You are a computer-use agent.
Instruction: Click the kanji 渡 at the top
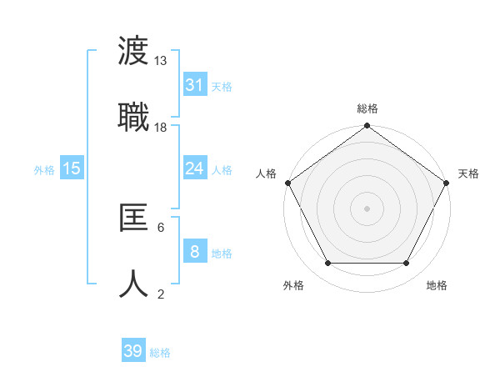pos(134,53)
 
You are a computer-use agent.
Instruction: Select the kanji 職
pos(134,115)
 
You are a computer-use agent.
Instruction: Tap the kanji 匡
pos(134,219)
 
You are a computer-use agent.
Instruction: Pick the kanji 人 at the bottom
pos(134,282)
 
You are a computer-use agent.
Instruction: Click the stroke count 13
pos(160,61)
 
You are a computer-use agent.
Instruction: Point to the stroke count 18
pos(160,127)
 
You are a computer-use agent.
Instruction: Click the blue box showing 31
pos(194,85)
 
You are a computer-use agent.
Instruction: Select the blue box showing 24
pos(194,168)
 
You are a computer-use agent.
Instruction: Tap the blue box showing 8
pos(194,252)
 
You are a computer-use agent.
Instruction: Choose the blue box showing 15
pos(72,168)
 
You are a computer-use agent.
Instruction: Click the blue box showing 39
pos(132,351)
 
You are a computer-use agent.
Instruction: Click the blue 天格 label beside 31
pos(222,87)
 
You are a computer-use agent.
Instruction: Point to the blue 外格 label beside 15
pos(43,170)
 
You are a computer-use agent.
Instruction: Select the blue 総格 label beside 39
pos(160,353)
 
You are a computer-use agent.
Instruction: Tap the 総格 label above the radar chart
pos(367,108)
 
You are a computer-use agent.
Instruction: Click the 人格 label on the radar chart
pos(266,173)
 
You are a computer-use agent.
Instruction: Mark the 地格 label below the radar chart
pos(437,286)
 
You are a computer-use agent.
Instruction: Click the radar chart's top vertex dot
pos(367,127)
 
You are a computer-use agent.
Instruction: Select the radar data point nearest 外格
pos(327,264)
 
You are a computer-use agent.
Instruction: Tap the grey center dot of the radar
pos(367,208)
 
